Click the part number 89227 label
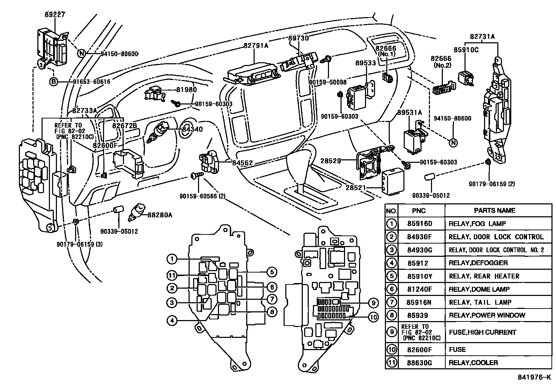click(x=55, y=15)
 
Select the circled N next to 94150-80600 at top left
click(x=81, y=53)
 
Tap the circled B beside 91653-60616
click(x=53, y=82)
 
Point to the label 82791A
click(x=256, y=45)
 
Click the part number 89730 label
click(x=299, y=38)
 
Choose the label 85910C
click(x=466, y=50)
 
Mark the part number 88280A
click(x=160, y=215)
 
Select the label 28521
click(x=356, y=188)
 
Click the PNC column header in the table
click(x=418, y=211)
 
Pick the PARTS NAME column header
click(x=495, y=210)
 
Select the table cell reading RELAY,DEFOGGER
click(x=478, y=263)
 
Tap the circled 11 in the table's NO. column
click(x=392, y=362)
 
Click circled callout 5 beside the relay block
click(x=272, y=272)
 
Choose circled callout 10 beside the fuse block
click(x=373, y=317)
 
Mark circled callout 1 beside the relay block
click(x=171, y=259)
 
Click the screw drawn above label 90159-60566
click(x=196, y=176)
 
